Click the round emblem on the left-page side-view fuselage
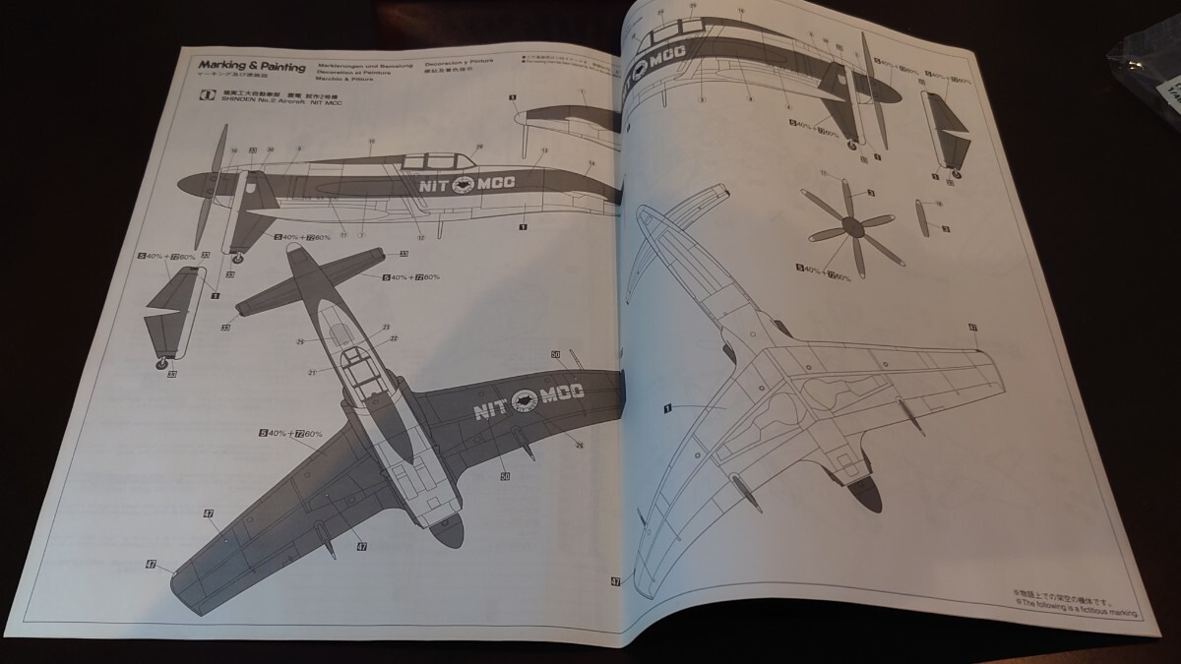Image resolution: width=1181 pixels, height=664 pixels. pos(464,183)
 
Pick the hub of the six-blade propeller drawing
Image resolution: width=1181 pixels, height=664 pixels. pos(850,228)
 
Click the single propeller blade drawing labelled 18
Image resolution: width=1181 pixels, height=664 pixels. pos(923,218)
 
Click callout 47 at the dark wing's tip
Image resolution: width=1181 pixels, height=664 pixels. pos(152,565)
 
